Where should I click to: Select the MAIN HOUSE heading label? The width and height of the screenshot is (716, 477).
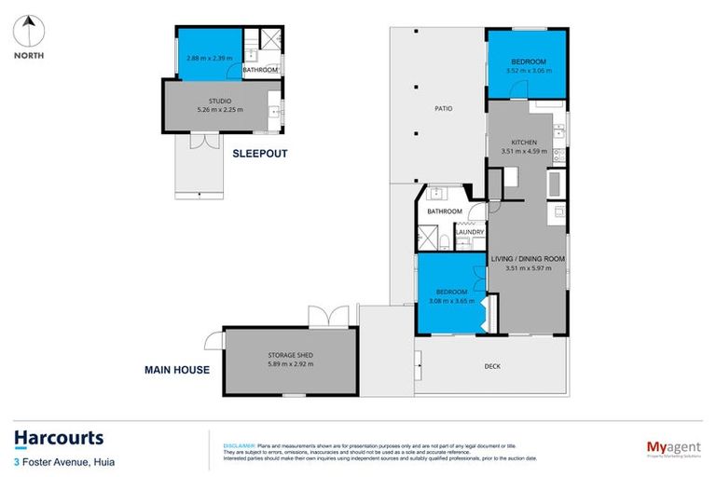point(176,370)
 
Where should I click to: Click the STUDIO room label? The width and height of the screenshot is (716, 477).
point(219,101)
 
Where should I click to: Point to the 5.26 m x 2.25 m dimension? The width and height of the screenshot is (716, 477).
point(219,110)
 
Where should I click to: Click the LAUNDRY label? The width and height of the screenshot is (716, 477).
point(470,232)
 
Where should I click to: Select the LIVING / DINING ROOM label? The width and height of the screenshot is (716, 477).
point(528,259)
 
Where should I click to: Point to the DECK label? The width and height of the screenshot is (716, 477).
point(492,366)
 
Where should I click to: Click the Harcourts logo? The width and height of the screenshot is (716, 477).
point(58,438)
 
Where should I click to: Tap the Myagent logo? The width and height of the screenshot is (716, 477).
point(675,448)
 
